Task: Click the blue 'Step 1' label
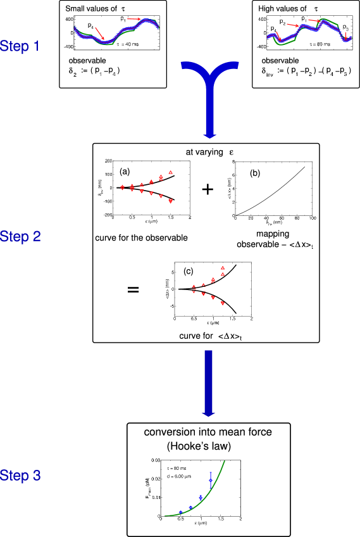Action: (x=20, y=46)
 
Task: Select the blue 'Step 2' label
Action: (x=20, y=237)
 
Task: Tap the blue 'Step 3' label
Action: (x=20, y=476)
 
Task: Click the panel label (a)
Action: (x=125, y=171)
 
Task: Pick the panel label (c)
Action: (x=189, y=272)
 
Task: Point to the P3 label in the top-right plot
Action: (x=345, y=28)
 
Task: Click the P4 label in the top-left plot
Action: (x=91, y=26)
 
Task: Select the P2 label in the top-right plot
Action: (x=283, y=23)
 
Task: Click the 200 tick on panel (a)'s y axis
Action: (x=109, y=161)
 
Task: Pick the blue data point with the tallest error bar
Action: (x=211, y=480)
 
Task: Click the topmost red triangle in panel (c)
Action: (x=223, y=268)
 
